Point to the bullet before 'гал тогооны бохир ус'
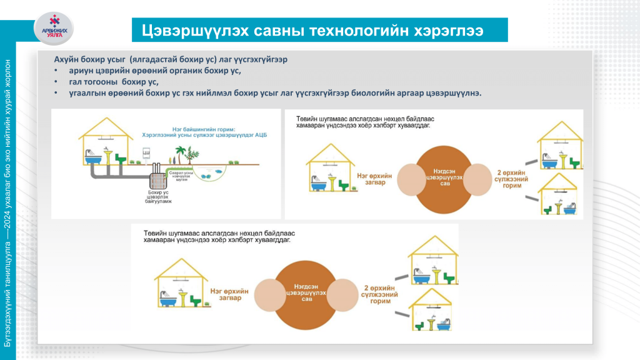(55, 82)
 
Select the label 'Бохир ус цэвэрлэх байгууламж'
(157, 197)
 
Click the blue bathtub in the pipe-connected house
(92, 159)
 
